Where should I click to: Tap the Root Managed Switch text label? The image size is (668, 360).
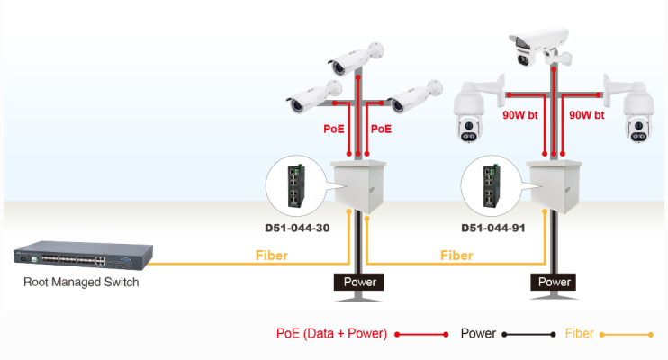click(82, 283)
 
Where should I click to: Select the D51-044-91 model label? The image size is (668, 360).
click(492, 229)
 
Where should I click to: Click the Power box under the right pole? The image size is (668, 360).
click(554, 282)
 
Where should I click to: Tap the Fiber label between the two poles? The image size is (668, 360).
click(456, 256)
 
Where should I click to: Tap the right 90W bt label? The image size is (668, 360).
click(589, 116)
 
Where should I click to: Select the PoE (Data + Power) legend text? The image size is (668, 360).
click(331, 334)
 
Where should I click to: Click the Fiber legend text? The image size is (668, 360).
click(579, 334)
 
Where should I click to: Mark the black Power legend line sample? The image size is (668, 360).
click(529, 334)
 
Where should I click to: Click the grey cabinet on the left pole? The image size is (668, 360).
click(358, 185)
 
